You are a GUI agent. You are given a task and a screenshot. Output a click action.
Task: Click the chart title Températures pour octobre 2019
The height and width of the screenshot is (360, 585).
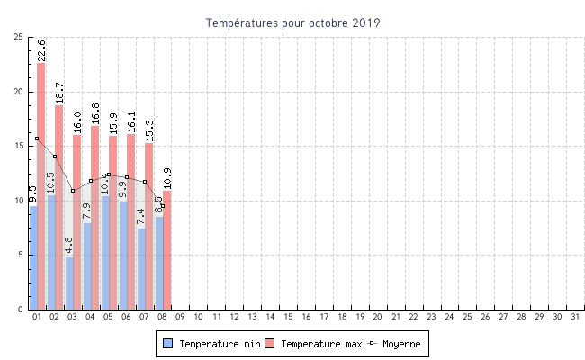(292, 22)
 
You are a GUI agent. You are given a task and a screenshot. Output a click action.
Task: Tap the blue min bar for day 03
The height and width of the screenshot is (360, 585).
(69, 283)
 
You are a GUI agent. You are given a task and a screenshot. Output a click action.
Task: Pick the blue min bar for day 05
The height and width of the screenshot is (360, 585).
(105, 252)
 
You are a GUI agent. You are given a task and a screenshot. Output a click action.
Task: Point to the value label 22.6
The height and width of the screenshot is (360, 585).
(41, 49)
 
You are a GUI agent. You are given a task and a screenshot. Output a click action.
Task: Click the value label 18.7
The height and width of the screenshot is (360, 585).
(59, 92)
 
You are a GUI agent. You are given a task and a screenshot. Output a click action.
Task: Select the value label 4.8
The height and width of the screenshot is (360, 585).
(69, 245)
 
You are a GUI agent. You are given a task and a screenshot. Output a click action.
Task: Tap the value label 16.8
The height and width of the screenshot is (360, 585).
(95, 112)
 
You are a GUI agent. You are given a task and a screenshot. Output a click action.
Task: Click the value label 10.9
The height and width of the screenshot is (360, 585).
(167, 177)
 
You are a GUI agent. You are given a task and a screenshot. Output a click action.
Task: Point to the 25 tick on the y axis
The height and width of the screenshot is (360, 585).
(19, 37)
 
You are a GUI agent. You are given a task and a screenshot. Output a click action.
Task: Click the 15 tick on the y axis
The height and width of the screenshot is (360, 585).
(19, 146)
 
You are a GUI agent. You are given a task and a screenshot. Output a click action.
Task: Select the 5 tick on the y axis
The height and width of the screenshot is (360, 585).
(22, 255)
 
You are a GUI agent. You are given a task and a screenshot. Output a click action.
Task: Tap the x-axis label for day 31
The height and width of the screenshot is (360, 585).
(575, 317)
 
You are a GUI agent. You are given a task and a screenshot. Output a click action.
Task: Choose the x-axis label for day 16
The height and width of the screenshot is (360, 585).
(306, 317)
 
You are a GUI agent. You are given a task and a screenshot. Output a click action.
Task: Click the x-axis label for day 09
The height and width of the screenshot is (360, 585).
(180, 317)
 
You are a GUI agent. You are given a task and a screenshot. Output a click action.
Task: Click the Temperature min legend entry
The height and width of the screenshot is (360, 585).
(213, 344)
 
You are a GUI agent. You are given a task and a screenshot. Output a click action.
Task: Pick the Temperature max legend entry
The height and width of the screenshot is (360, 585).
(315, 344)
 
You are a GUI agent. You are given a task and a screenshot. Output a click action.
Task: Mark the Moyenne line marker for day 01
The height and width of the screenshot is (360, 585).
(37, 139)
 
